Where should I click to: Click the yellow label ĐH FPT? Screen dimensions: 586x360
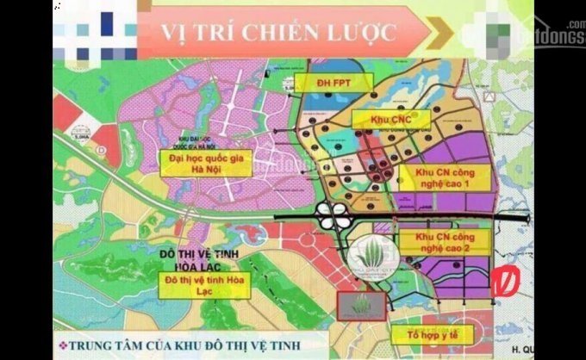332,83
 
